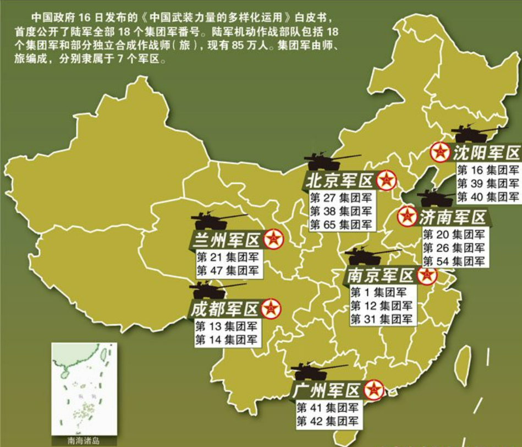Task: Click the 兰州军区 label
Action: point(226,240)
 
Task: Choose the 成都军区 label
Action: point(224,309)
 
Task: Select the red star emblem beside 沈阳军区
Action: point(440,151)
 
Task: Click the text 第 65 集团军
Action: point(340,225)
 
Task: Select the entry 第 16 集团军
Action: point(488,171)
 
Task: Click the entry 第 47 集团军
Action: point(227,270)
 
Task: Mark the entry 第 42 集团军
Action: point(327,422)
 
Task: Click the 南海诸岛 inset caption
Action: point(84,441)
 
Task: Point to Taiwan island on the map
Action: point(464,366)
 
